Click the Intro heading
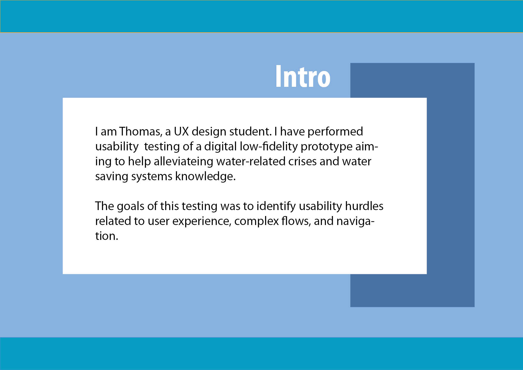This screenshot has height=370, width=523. (303, 76)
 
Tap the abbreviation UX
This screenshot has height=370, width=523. (181, 131)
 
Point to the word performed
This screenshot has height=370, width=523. (335, 132)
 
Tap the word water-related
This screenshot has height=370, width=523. (251, 161)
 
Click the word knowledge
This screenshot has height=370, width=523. (205, 176)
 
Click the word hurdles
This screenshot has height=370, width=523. (364, 206)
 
